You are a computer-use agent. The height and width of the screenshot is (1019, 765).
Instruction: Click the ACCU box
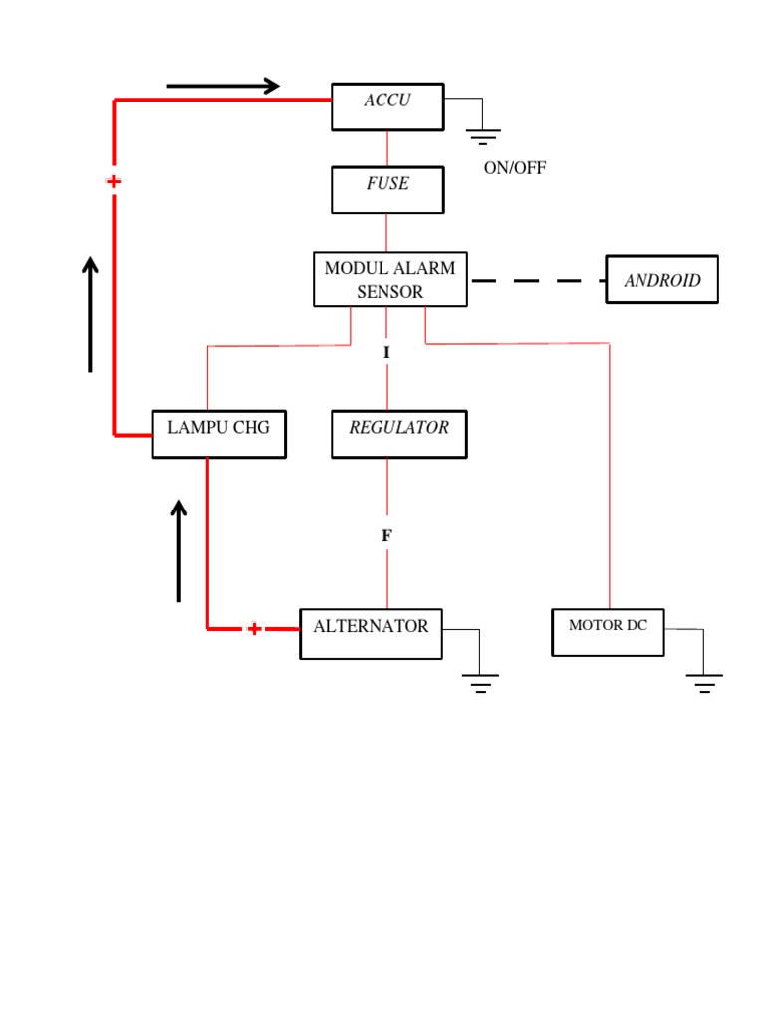[x=387, y=106]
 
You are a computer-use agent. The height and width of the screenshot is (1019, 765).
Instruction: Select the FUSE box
[x=387, y=190]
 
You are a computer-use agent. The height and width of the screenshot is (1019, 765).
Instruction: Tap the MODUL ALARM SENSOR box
[x=389, y=280]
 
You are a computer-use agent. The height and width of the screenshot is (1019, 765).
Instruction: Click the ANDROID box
[x=661, y=280]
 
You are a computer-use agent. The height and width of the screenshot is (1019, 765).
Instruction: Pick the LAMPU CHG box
[x=219, y=434]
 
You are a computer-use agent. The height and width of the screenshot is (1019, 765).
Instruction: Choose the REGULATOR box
[x=398, y=434]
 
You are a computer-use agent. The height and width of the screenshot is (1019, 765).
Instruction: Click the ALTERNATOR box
[x=371, y=634]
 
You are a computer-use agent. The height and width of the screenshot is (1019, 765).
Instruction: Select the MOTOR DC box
[x=608, y=632]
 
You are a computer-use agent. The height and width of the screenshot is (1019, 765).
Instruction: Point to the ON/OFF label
[x=515, y=167]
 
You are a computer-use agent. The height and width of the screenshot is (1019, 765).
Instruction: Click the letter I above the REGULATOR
[x=387, y=352]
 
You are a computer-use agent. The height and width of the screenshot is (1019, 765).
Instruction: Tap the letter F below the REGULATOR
[x=387, y=536]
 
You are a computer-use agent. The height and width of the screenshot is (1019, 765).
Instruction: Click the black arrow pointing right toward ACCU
[x=223, y=87]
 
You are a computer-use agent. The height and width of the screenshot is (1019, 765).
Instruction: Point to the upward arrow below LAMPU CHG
[x=179, y=550]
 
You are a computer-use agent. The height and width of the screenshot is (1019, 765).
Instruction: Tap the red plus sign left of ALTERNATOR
[x=254, y=629]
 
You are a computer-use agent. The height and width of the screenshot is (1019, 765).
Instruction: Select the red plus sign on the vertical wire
[x=114, y=181]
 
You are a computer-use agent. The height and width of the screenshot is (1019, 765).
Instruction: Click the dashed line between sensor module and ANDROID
[x=538, y=281]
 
